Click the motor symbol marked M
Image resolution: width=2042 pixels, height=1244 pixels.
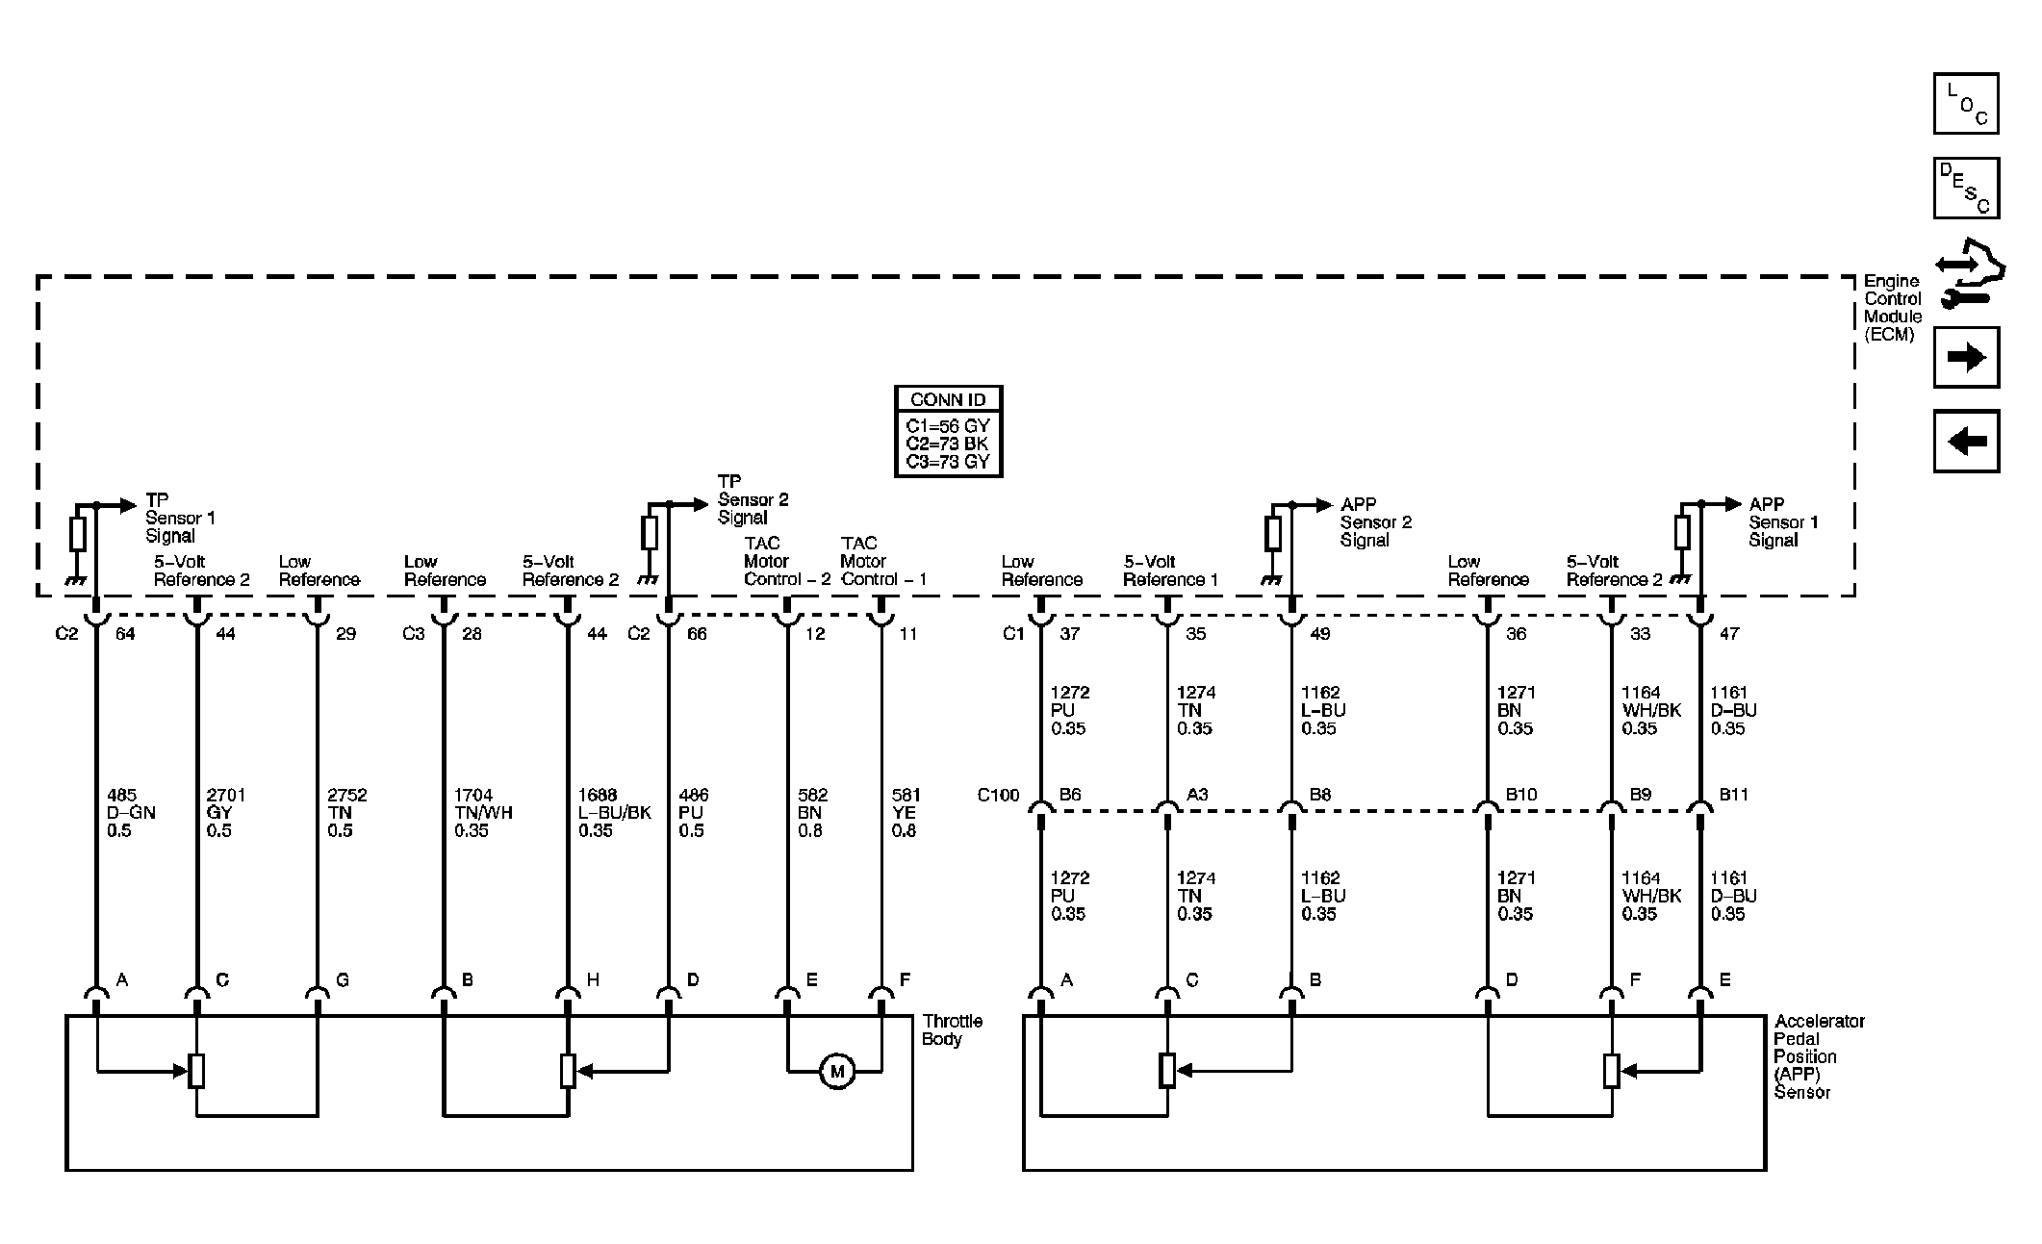836,1071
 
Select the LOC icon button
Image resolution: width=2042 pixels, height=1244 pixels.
1966,103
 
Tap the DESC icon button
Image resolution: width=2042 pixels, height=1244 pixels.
1966,188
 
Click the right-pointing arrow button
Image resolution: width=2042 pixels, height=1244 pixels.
1966,357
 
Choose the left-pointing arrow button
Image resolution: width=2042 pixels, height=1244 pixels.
1966,441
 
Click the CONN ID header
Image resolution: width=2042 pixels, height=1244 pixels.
948,399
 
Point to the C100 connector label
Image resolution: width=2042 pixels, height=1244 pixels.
998,795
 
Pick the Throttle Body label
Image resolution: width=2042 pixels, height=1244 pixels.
952,1029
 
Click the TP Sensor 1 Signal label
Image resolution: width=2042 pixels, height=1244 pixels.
180,518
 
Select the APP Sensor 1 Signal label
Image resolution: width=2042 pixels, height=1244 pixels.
1783,522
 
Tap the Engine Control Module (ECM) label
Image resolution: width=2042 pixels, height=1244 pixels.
1893,308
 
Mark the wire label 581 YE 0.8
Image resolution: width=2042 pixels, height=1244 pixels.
905,813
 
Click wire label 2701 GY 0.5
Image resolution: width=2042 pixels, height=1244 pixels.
225,813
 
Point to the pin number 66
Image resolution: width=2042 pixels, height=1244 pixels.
697,634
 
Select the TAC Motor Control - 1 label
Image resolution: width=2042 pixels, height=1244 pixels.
883,561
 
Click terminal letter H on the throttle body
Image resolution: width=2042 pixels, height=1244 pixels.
593,979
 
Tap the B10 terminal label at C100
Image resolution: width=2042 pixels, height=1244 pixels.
1521,795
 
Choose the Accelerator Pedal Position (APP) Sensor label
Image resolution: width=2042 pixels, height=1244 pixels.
1820,1056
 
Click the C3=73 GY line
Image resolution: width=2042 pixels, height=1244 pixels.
948,462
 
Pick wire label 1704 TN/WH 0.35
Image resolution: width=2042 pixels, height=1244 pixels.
483,813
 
